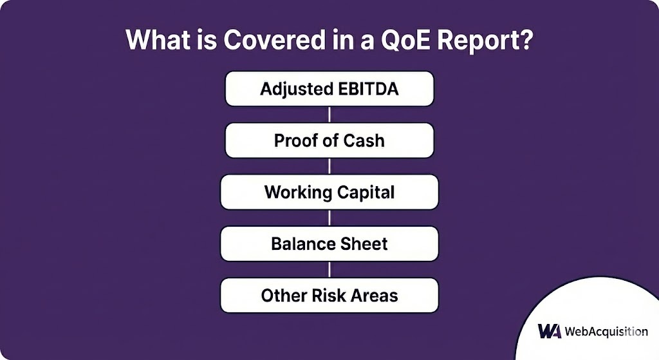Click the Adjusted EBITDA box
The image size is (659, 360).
pos(329,89)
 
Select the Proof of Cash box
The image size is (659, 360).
pos(329,140)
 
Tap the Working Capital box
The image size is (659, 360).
pos(329,192)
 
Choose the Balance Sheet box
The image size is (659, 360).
pos(329,244)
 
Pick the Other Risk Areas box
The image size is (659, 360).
pos(329,295)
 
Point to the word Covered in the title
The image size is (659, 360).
pos(274,40)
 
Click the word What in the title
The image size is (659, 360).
pos(158,40)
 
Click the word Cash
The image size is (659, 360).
pos(364,141)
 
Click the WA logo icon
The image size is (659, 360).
pos(550,331)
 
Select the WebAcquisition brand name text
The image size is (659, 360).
pos(606,332)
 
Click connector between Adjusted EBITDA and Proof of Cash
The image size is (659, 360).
pos(329,115)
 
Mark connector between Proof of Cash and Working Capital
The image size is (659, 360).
pos(329,166)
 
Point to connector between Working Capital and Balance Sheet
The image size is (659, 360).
pos(329,218)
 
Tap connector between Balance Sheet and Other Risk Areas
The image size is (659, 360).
pos(329,270)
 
